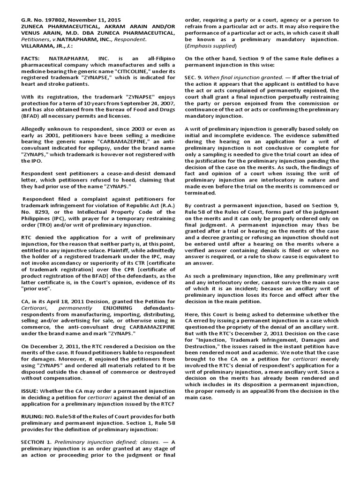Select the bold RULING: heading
[x=33, y=416]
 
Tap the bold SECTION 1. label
[x=37, y=442]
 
